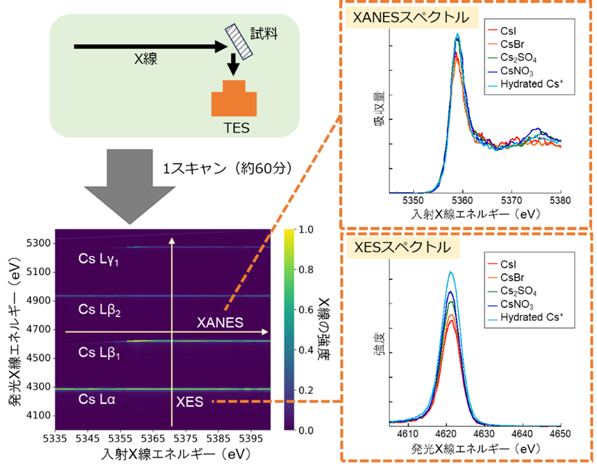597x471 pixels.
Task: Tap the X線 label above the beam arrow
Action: [x=148, y=58]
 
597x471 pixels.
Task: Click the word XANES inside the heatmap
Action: [x=220, y=323]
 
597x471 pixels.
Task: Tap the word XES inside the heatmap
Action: [x=189, y=401]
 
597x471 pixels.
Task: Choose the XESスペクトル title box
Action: [x=398, y=247]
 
